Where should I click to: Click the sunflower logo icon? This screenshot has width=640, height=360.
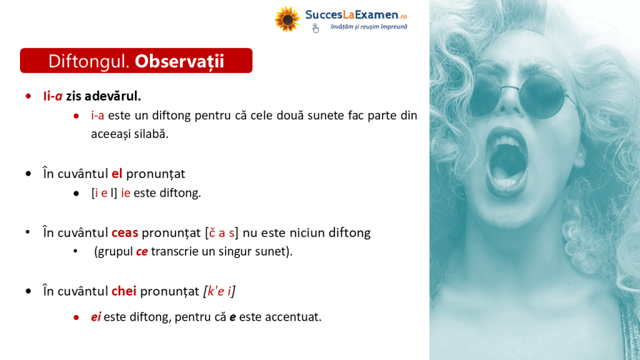[x=287, y=19]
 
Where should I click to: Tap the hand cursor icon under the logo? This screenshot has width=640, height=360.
[x=316, y=28]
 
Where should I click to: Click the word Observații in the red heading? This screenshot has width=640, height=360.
[x=179, y=61]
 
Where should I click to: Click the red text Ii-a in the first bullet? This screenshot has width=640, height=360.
[x=52, y=96]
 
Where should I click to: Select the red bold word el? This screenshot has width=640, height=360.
[x=117, y=174]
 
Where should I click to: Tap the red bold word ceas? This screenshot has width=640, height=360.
[x=125, y=232]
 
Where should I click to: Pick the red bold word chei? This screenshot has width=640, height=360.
[x=124, y=291]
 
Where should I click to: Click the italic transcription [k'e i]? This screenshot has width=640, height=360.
[x=219, y=291]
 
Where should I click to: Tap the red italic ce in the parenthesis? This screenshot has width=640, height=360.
[x=142, y=251]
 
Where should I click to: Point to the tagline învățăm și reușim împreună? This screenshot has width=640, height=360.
[x=369, y=27]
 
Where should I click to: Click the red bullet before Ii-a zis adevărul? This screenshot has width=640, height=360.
[x=28, y=96]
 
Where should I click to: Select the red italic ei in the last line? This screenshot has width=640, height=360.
[x=96, y=317]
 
